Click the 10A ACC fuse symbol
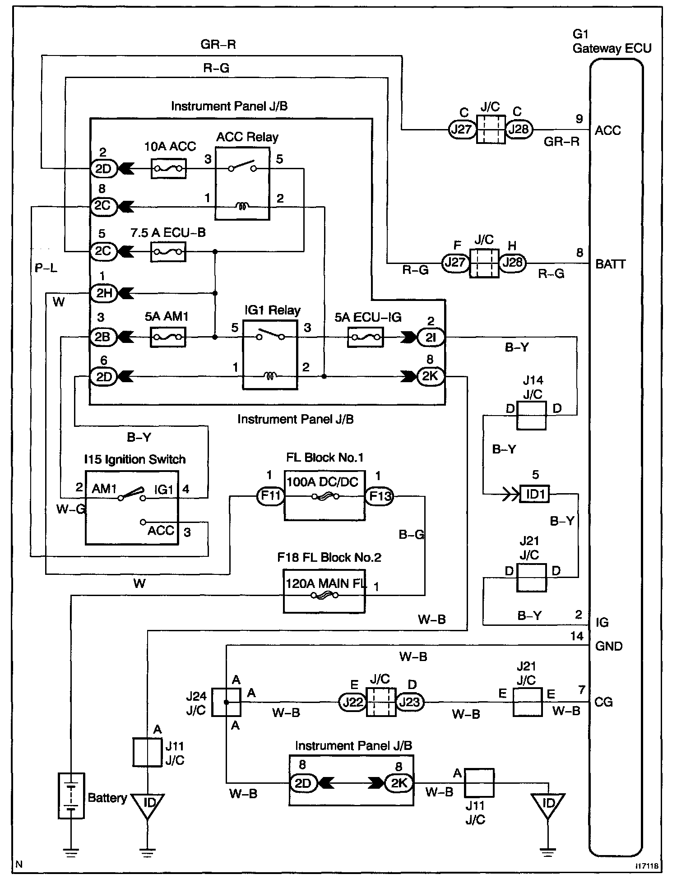168,168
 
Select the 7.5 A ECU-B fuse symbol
167,251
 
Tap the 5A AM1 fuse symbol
167,337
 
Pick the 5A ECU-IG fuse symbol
366,337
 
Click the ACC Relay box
242,184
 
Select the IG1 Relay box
270,354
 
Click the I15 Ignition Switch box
132,508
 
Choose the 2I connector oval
431,337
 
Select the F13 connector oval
379,496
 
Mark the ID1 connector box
535,494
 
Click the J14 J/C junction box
531,415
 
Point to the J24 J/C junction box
226,702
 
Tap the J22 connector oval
352,702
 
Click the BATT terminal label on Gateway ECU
611,264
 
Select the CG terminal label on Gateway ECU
604,702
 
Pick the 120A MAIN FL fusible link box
324,590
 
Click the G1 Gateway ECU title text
612,41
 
